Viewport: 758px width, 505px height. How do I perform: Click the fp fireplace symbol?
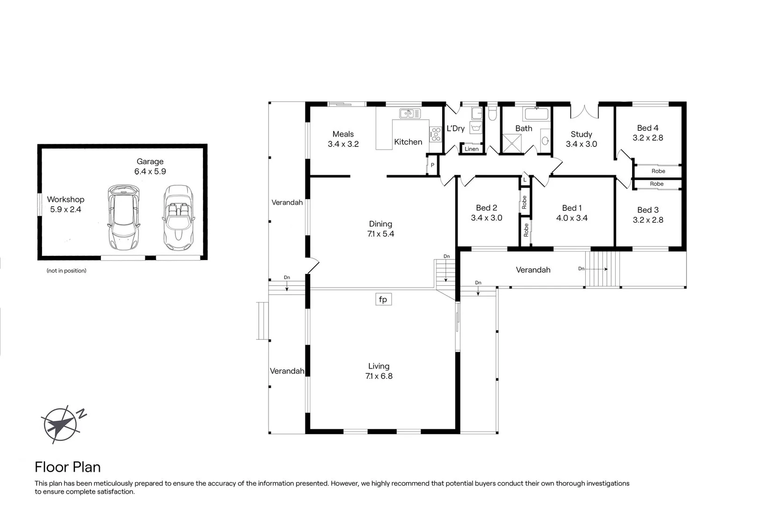383,299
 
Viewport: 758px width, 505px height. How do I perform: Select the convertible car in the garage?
178,218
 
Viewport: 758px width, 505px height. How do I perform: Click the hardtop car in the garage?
124,216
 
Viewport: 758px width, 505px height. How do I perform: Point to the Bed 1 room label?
572,213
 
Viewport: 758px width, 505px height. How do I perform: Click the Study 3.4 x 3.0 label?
581,139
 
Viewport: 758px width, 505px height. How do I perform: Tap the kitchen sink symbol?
409,113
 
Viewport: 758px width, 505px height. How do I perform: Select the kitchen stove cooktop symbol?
436,134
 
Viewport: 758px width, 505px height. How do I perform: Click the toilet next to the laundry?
492,114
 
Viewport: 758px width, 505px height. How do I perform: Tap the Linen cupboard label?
472,149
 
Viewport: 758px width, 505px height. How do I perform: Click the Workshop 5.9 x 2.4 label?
66,204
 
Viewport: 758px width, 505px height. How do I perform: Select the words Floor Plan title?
68,467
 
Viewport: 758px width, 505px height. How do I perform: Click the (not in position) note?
66,271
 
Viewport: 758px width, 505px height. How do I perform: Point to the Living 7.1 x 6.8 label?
379,371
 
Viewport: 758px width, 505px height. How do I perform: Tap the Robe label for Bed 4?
658,171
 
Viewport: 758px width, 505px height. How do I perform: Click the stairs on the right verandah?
602,269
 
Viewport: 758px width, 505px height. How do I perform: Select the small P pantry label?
432,165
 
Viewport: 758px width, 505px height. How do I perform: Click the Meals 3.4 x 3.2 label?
343,139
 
